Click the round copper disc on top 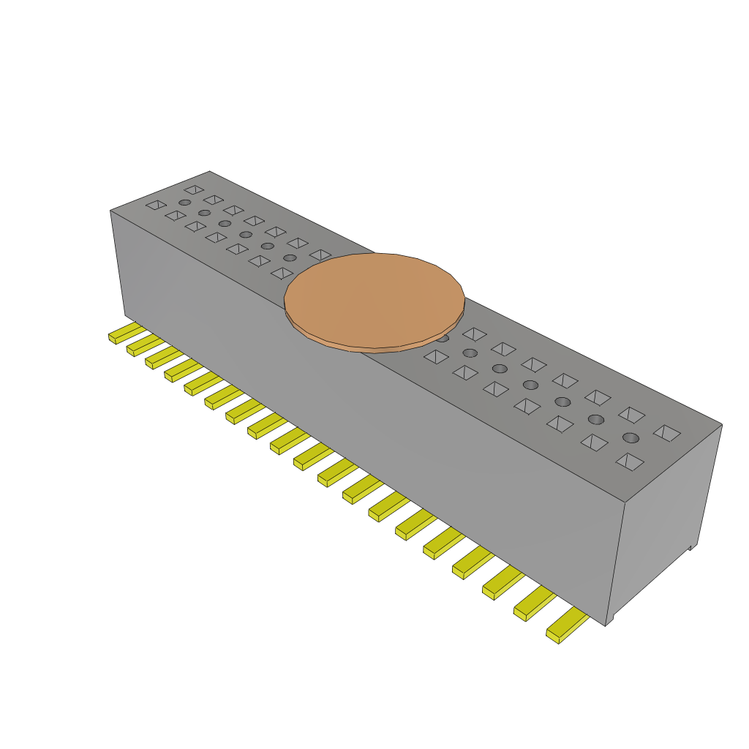(x=374, y=298)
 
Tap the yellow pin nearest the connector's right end (x=567, y=627)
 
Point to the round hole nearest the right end (x=631, y=437)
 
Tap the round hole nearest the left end (x=185, y=203)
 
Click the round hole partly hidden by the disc (x=443, y=338)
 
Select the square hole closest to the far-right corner (x=667, y=432)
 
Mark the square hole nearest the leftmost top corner (x=156, y=205)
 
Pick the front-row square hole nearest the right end (x=630, y=462)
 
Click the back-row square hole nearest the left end (x=194, y=189)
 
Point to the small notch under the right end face (x=691, y=547)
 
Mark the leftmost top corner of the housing (x=110, y=211)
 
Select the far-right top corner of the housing (x=722, y=424)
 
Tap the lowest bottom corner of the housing (x=606, y=625)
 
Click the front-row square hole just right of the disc (x=436, y=356)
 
